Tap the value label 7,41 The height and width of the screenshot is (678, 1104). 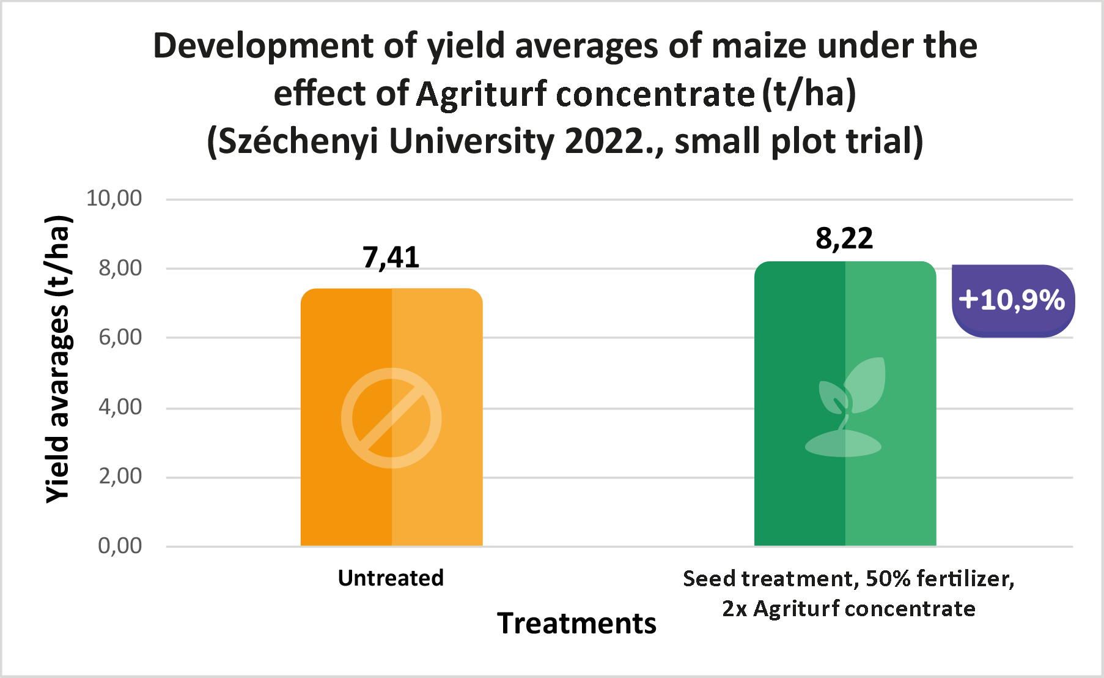391,258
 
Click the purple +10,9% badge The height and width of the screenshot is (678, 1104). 1012,300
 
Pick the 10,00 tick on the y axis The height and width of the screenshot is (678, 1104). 114,198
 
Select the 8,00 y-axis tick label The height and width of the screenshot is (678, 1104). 120,268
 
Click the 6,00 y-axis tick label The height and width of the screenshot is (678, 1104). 120,337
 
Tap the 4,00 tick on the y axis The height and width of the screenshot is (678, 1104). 120,407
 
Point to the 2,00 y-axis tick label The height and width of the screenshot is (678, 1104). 120,476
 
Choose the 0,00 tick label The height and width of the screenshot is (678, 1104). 120,546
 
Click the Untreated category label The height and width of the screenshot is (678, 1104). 391,578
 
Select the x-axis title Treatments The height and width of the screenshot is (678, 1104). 576,624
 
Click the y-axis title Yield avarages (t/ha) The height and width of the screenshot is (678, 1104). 59,360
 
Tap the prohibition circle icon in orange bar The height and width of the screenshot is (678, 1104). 391,418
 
